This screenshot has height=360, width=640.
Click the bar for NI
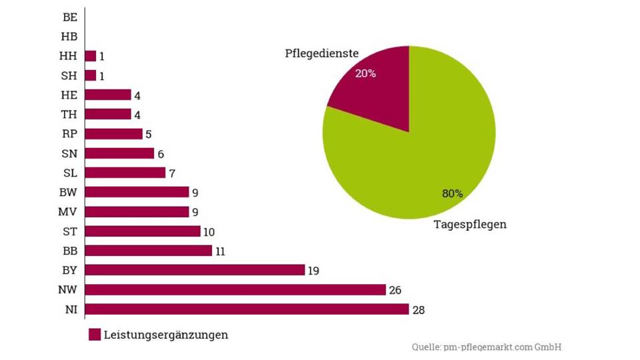[x=247, y=309]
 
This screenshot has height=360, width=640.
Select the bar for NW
[x=235, y=290]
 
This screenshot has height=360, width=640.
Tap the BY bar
[x=195, y=270]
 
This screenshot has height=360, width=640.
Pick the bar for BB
[x=149, y=251]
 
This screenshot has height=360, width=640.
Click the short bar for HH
[x=91, y=56]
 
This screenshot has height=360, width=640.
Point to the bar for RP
[x=114, y=134]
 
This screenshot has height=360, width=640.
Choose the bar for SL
[x=125, y=173]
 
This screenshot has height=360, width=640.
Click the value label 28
[x=418, y=310]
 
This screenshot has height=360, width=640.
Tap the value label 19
[x=314, y=271]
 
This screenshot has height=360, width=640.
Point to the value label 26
[x=395, y=290]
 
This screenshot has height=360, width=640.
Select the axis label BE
[x=69, y=17]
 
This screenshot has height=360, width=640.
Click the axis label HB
[x=69, y=37]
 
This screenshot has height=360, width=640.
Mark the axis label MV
[x=68, y=212]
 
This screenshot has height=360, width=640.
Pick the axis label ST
[x=69, y=231]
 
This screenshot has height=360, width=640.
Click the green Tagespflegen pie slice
[x=427, y=153]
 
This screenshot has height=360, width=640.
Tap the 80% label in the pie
[x=452, y=194]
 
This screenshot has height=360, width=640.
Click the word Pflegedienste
[x=322, y=53]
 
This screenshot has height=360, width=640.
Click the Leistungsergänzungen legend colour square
[x=94, y=335]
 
